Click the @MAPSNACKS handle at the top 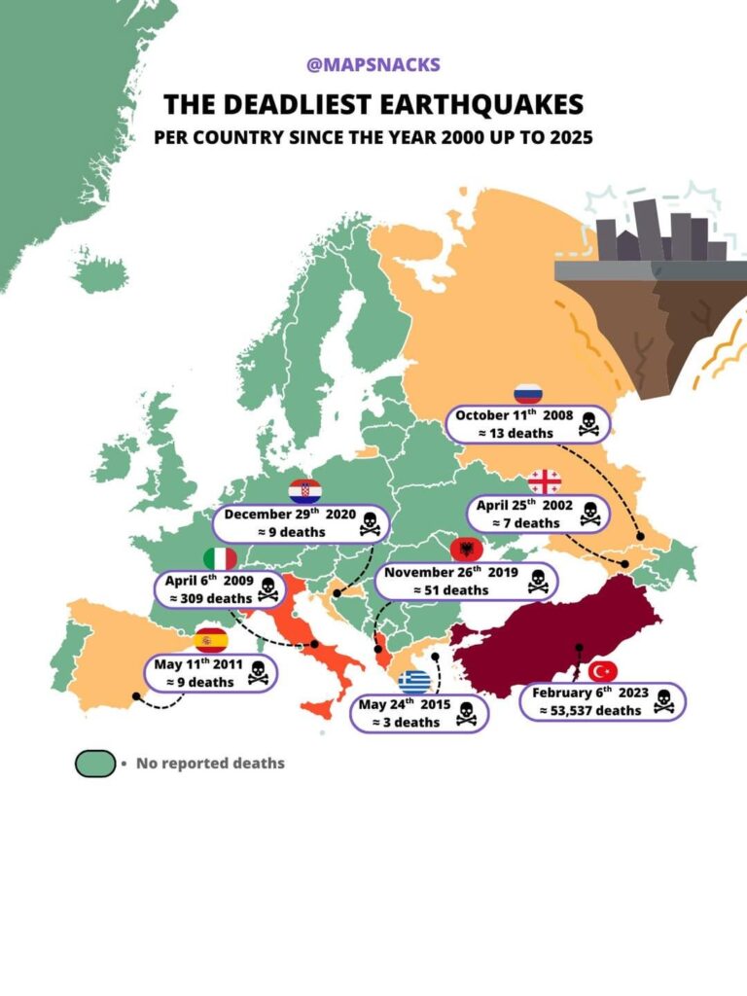point(373,65)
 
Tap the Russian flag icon point(527,394)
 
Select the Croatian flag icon point(304,492)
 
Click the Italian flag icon point(221,559)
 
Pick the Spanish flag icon point(210,639)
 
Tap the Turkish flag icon point(603,671)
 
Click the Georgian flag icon point(545,481)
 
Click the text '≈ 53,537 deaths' point(590,710)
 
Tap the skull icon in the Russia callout point(588,424)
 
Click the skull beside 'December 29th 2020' point(369,523)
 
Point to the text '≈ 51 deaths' point(451,589)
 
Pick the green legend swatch point(95,764)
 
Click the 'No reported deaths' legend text point(210,764)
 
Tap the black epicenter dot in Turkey point(579,647)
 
